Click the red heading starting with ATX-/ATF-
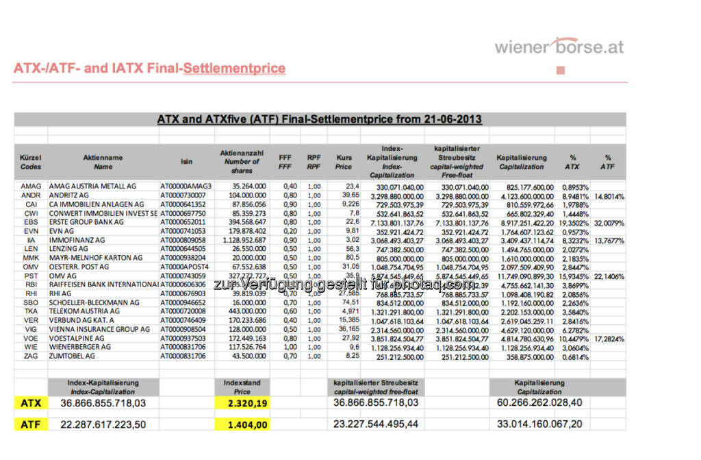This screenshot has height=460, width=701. click(x=149, y=69)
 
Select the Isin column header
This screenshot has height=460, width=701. click(x=186, y=162)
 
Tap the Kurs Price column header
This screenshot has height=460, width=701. click(x=344, y=162)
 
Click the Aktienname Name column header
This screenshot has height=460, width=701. click(x=103, y=162)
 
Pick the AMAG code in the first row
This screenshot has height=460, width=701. click(x=31, y=186)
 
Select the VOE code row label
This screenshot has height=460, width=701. click(x=31, y=338)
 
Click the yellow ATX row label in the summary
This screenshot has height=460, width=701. click(x=31, y=402)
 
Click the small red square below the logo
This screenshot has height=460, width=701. click(x=561, y=70)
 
